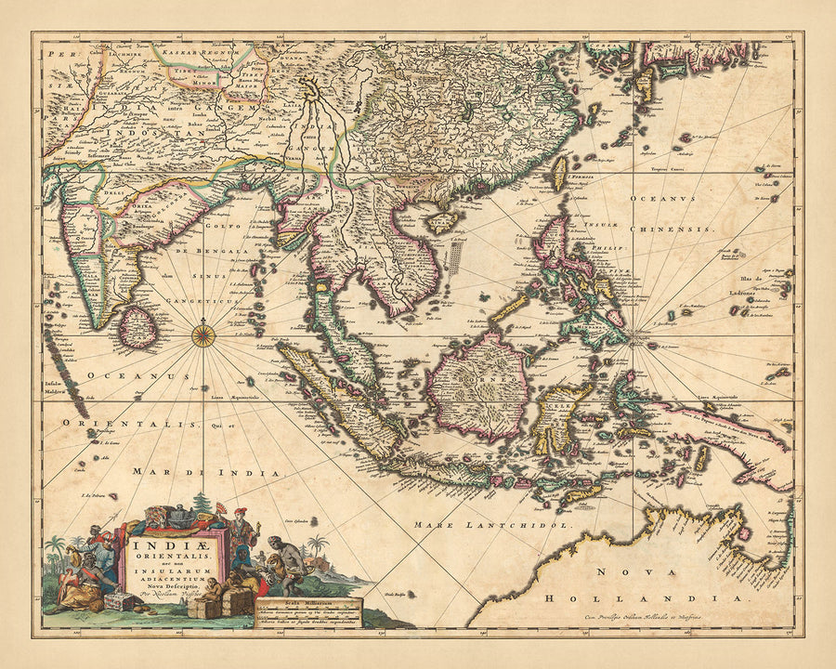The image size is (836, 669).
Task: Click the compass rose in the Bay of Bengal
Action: [x=203, y=334]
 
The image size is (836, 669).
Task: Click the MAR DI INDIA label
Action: [x=218, y=473]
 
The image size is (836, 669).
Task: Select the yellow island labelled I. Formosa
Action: [x=558, y=172]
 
